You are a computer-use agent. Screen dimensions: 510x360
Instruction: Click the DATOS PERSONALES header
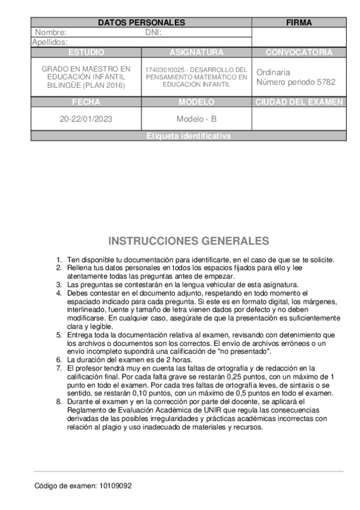141,23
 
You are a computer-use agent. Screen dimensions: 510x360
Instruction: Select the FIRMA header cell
299,23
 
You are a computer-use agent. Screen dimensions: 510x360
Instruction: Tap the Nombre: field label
50,32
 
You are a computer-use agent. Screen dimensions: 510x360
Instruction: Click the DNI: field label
154,32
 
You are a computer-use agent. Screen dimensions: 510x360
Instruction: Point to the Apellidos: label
50,42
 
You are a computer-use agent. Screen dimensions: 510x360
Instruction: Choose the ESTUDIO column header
86,52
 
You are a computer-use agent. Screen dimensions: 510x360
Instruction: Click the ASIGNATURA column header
197,52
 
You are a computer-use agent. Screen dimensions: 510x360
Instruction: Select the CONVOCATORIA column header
299,52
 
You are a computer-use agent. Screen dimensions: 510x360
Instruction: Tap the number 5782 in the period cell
325,82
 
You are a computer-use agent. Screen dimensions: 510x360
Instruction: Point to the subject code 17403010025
166,70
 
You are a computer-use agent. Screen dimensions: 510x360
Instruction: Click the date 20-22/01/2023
86,118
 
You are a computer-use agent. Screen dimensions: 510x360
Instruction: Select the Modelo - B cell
197,118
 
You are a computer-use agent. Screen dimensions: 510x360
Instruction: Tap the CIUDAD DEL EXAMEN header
299,102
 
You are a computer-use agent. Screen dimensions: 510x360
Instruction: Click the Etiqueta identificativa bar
188,137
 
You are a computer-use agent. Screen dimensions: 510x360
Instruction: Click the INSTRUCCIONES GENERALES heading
188,241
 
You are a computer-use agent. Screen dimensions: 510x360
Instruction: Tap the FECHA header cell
86,102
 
